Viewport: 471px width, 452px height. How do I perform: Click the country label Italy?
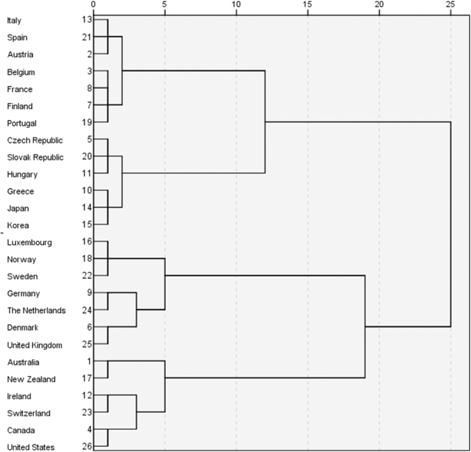(x=14, y=21)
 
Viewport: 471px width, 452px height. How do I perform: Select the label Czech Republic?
(x=34, y=140)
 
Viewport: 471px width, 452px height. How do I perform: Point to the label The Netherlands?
(x=36, y=310)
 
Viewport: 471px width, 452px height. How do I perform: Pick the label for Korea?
(x=17, y=225)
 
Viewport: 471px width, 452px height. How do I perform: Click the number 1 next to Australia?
(x=87, y=362)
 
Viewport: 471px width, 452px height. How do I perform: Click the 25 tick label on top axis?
(x=450, y=5)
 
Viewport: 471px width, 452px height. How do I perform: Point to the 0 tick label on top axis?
(x=94, y=5)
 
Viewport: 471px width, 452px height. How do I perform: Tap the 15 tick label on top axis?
(x=307, y=5)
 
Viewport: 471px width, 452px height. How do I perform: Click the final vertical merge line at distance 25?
(x=450, y=224)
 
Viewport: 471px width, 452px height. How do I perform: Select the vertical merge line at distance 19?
(x=364, y=327)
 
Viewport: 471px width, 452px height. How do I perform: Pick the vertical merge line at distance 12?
(x=265, y=122)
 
